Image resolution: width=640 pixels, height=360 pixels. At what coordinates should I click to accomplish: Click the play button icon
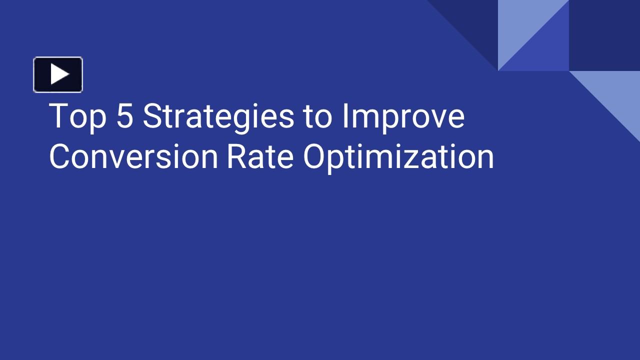[x=58, y=74]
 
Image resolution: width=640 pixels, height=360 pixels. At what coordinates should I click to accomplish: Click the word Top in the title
[x=77, y=116]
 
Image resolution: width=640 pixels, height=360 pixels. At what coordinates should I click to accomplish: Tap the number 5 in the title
[x=124, y=116]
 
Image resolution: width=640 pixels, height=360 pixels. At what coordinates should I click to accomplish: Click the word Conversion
[x=133, y=156]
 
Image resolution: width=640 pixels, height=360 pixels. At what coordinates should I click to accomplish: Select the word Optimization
[x=398, y=157]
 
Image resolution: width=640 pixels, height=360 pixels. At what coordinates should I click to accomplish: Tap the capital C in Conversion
[x=60, y=156]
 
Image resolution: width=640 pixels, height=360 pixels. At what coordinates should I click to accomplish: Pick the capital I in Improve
[x=344, y=116]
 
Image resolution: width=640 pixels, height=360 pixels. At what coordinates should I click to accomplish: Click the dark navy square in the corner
[x=604, y=35]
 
